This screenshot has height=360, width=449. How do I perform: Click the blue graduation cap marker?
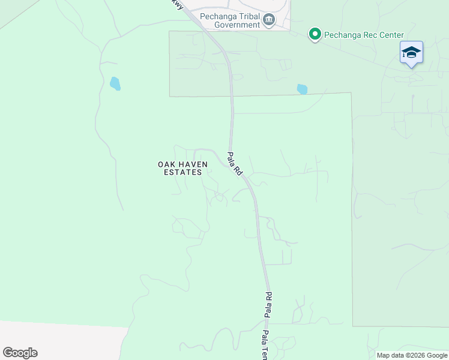click(x=411, y=53)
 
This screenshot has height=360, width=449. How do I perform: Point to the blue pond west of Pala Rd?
click(x=115, y=83)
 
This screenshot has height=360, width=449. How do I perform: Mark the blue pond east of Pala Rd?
click(x=302, y=89)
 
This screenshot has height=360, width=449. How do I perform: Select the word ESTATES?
click(x=182, y=172)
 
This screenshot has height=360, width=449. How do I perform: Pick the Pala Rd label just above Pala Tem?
click(x=269, y=304)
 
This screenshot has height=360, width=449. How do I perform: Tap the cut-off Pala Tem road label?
click(x=265, y=345)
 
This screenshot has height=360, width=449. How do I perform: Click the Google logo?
click(x=20, y=353)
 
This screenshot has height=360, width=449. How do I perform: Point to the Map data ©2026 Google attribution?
click(x=411, y=355)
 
